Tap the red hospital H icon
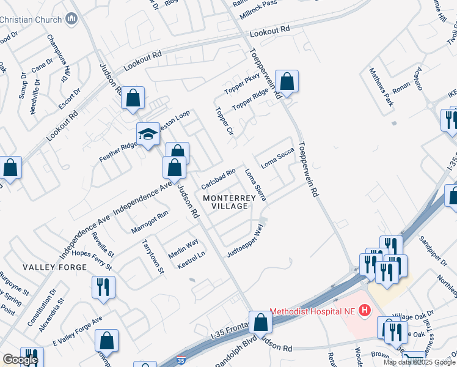pyautogui.click(x=365, y=311)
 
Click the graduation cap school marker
pyautogui.click(x=147, y=135)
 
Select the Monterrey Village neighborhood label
pyautogui.click(x=225, y=202)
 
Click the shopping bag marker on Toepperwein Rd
pyautogui.click(x=286, y=81)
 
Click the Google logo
pyautogui.click(x=20, y=360)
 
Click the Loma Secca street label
pyautogui.click(x=278, y=158)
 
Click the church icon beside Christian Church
pyautogui.click(x=72, y=19)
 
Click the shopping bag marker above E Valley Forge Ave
pyautogui.click(x=106, y=341)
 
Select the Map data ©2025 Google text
pyautogui.click(x=419, y=362)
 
